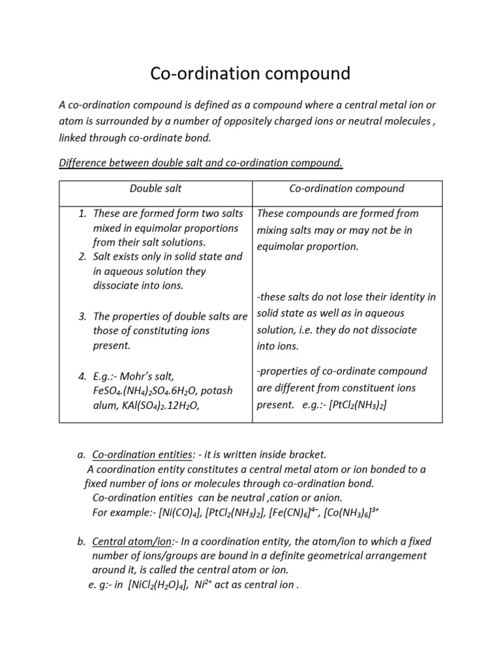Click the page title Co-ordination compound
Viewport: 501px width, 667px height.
[x=250, y=74]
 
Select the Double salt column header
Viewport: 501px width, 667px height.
[x=155, y=189]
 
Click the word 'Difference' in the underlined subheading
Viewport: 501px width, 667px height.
[x=83, y=163]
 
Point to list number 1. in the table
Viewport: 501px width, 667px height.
[x=83, y=214]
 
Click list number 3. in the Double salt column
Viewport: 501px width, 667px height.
[x=83, y=317]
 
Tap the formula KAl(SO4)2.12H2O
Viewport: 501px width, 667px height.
[x=164, y=405]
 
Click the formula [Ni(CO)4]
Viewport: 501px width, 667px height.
[x=179, y=513]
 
